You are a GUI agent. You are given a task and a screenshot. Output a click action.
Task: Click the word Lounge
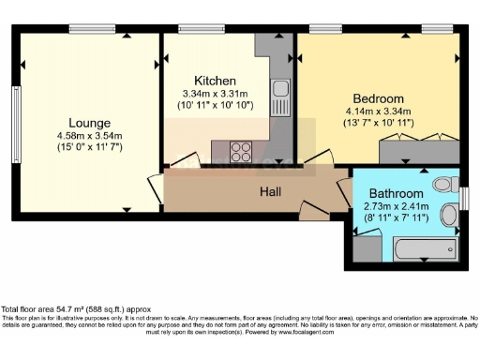[x=89, y=123]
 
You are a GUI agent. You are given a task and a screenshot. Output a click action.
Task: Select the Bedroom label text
[x=378, y=98]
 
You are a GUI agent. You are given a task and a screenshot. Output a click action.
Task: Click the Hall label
[x=272, y=191]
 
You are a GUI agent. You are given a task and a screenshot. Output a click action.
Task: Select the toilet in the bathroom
[x=443, y=184]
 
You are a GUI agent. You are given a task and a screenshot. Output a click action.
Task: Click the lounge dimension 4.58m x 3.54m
[x=90, y=137]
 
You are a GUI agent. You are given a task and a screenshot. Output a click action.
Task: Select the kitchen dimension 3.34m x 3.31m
[x=215, y=94]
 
